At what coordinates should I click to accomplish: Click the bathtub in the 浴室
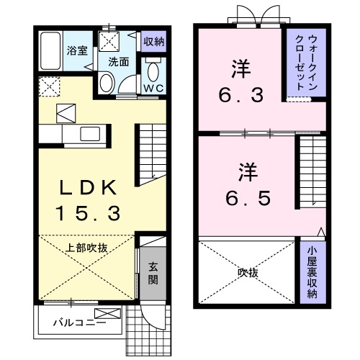(x=50, y=51)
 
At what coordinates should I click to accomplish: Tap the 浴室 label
(x=77, y=51)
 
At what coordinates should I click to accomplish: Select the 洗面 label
(x=119, y=62)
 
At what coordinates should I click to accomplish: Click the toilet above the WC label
(x=153, y=71)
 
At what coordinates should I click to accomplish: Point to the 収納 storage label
(x=154, y=42)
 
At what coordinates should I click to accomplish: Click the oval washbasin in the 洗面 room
(x=107, y=83)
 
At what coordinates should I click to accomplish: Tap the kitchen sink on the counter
(x=90, y=134)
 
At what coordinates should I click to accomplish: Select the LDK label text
(x=88, y=187)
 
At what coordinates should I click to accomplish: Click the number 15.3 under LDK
(x=88, y=214)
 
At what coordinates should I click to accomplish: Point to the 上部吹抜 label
(x=86, y=248)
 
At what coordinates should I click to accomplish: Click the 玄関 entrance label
(x=153, y=274)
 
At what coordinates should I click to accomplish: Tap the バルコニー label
(x=79, y=323)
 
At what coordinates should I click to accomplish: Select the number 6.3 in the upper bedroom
(x=241, y=95)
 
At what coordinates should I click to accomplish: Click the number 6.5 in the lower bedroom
(x=248, y=198)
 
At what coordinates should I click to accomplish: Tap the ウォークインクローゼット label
(x=306, y=63)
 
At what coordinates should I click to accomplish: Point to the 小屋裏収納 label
(x=312, y=272)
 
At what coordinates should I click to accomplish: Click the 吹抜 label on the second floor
(x=248, y=273)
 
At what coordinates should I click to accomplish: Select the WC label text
(x=153, y=89)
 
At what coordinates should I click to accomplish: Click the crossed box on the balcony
(x=107, y=314)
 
